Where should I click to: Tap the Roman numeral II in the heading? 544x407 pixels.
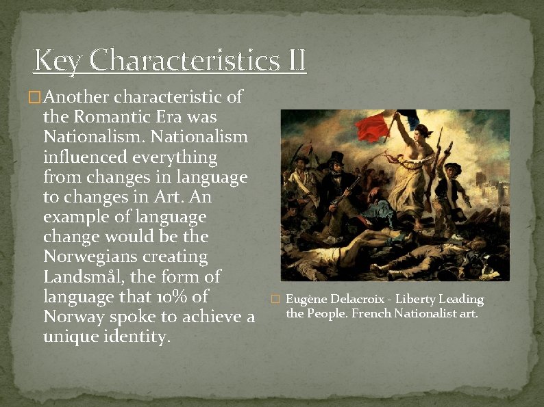[293, 60]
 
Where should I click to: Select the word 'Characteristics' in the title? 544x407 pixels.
[181, 60]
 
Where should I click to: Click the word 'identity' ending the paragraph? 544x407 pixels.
[134, 337]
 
